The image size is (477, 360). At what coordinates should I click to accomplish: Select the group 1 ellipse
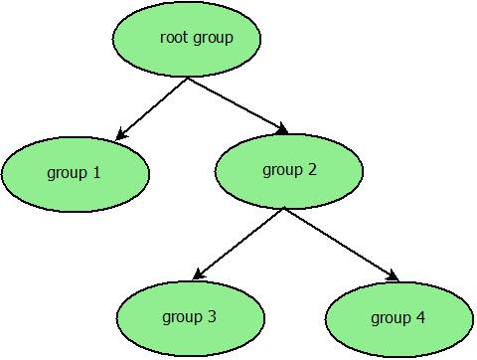[x=76, y=174]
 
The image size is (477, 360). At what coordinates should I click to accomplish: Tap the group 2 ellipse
[x=289, y=170]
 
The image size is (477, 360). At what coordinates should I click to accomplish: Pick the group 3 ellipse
[x=191, y=318]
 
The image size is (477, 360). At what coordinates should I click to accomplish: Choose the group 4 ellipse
[x=398, y=318]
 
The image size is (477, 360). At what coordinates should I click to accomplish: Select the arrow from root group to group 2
[x=237, y=104]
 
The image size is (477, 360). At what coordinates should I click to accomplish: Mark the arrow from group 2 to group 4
[x=340, y=244]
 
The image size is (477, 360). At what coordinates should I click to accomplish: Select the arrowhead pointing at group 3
[x=200, y=274]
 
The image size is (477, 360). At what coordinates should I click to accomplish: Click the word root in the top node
[x=174, y=38]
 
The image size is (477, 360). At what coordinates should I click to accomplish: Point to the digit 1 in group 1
[x=96, y=173]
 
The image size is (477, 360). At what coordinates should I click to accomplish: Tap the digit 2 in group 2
[x=312, y=169]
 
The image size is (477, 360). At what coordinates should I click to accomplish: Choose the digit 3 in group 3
[x=212, y=317]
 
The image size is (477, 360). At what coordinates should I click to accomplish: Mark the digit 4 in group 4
[x=420, y=318]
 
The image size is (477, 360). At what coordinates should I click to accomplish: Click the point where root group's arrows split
[x=188, y=79]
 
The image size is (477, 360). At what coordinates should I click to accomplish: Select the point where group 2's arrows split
[x=284, y=209]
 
